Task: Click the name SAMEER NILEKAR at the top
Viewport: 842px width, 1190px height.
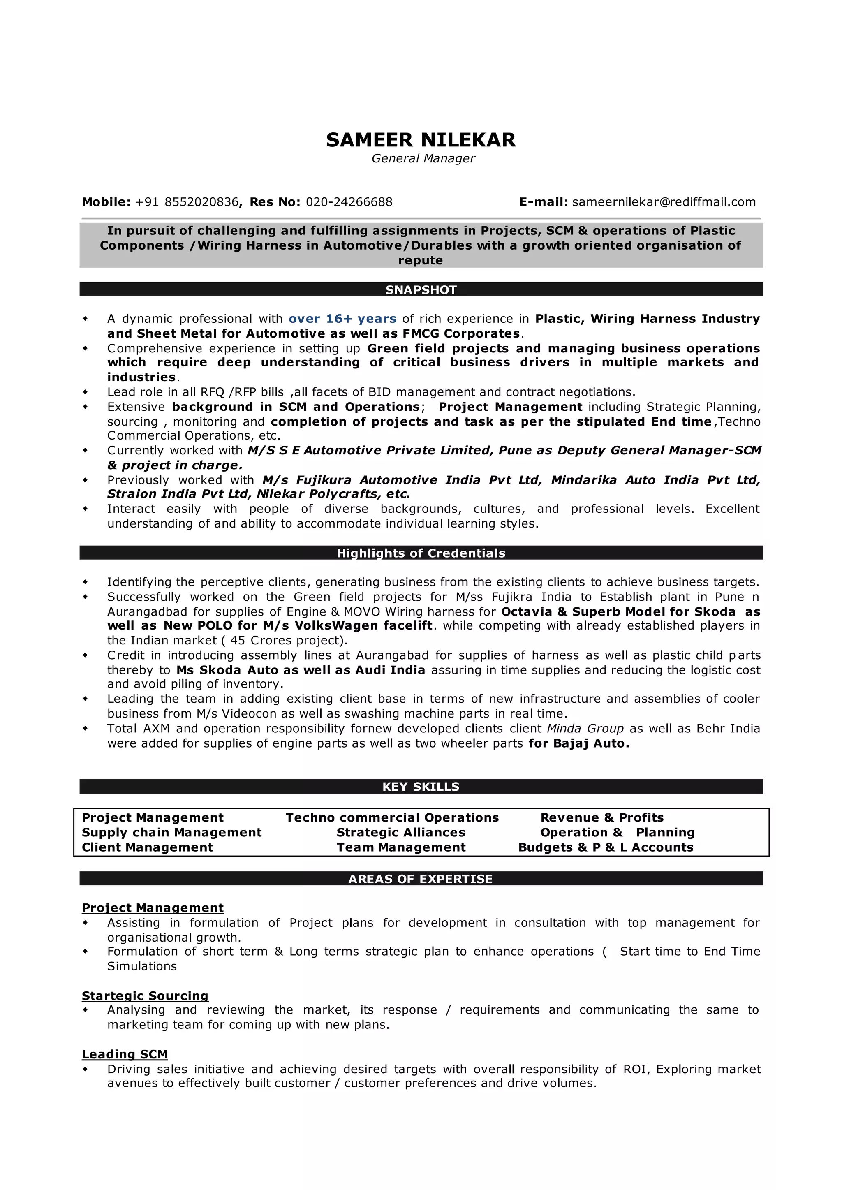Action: (x=421, y=140)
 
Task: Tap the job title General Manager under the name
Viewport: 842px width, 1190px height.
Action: (x=423, y=159)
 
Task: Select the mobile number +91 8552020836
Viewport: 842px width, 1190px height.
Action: (x=187, y=202)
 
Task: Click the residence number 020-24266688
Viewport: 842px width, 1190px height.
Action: (x=349, y=202)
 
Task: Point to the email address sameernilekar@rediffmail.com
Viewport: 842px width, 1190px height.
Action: (x=664, y=202)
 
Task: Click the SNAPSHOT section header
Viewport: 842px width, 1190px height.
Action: (x=421, y=290)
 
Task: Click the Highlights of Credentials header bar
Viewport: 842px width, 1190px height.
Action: (x=421, y=553)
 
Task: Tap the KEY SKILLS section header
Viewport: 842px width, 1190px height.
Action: (x=421, y=787)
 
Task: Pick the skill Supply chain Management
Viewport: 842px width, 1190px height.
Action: (x=171, y=833)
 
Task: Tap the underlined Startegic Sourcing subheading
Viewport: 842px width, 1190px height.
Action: (x=145, y=996)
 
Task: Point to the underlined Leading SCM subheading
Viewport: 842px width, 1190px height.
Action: (x=125, y=1055)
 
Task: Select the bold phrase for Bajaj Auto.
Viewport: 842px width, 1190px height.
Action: (x=578, y=743)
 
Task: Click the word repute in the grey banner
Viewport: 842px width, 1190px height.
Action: (x=421, y=260)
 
